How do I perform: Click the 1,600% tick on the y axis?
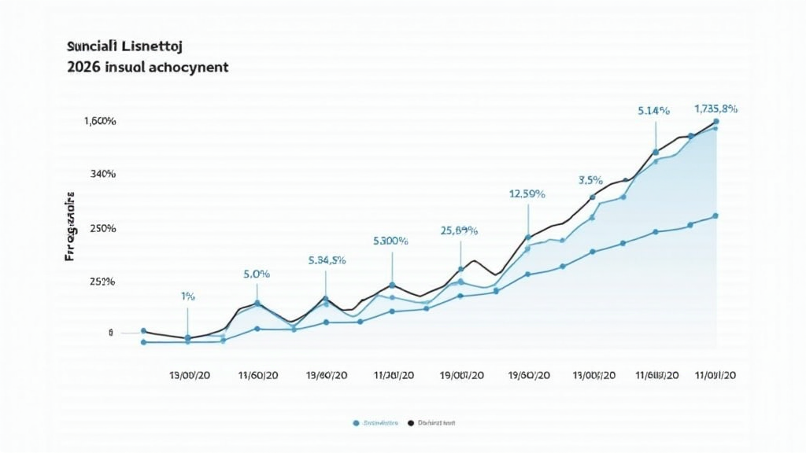[x=100, y=121]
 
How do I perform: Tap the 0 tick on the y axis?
[x=111, y=333]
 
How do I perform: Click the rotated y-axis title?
[x=72, y=226]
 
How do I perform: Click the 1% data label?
[x=187, y=296]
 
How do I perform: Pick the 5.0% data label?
[x=257, y=274]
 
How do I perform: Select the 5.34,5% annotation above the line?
[x=327, y=260]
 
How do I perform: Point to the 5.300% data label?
[x=390, y=241]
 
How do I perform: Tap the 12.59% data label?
[x=527, y=193]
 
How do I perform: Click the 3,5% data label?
[x=590, y=180]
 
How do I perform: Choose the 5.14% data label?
[x=653, y=112]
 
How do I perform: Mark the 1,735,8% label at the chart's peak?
[x=715, y=108]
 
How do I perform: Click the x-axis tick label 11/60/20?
[x=257, y=376]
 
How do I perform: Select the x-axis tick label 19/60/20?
[x=529, y=376]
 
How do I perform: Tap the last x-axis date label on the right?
[x=715, y=376]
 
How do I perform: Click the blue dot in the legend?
[x=357, y=423]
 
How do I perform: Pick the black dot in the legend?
[x=410, y=423]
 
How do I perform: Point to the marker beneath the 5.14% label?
[x=655, y=153]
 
